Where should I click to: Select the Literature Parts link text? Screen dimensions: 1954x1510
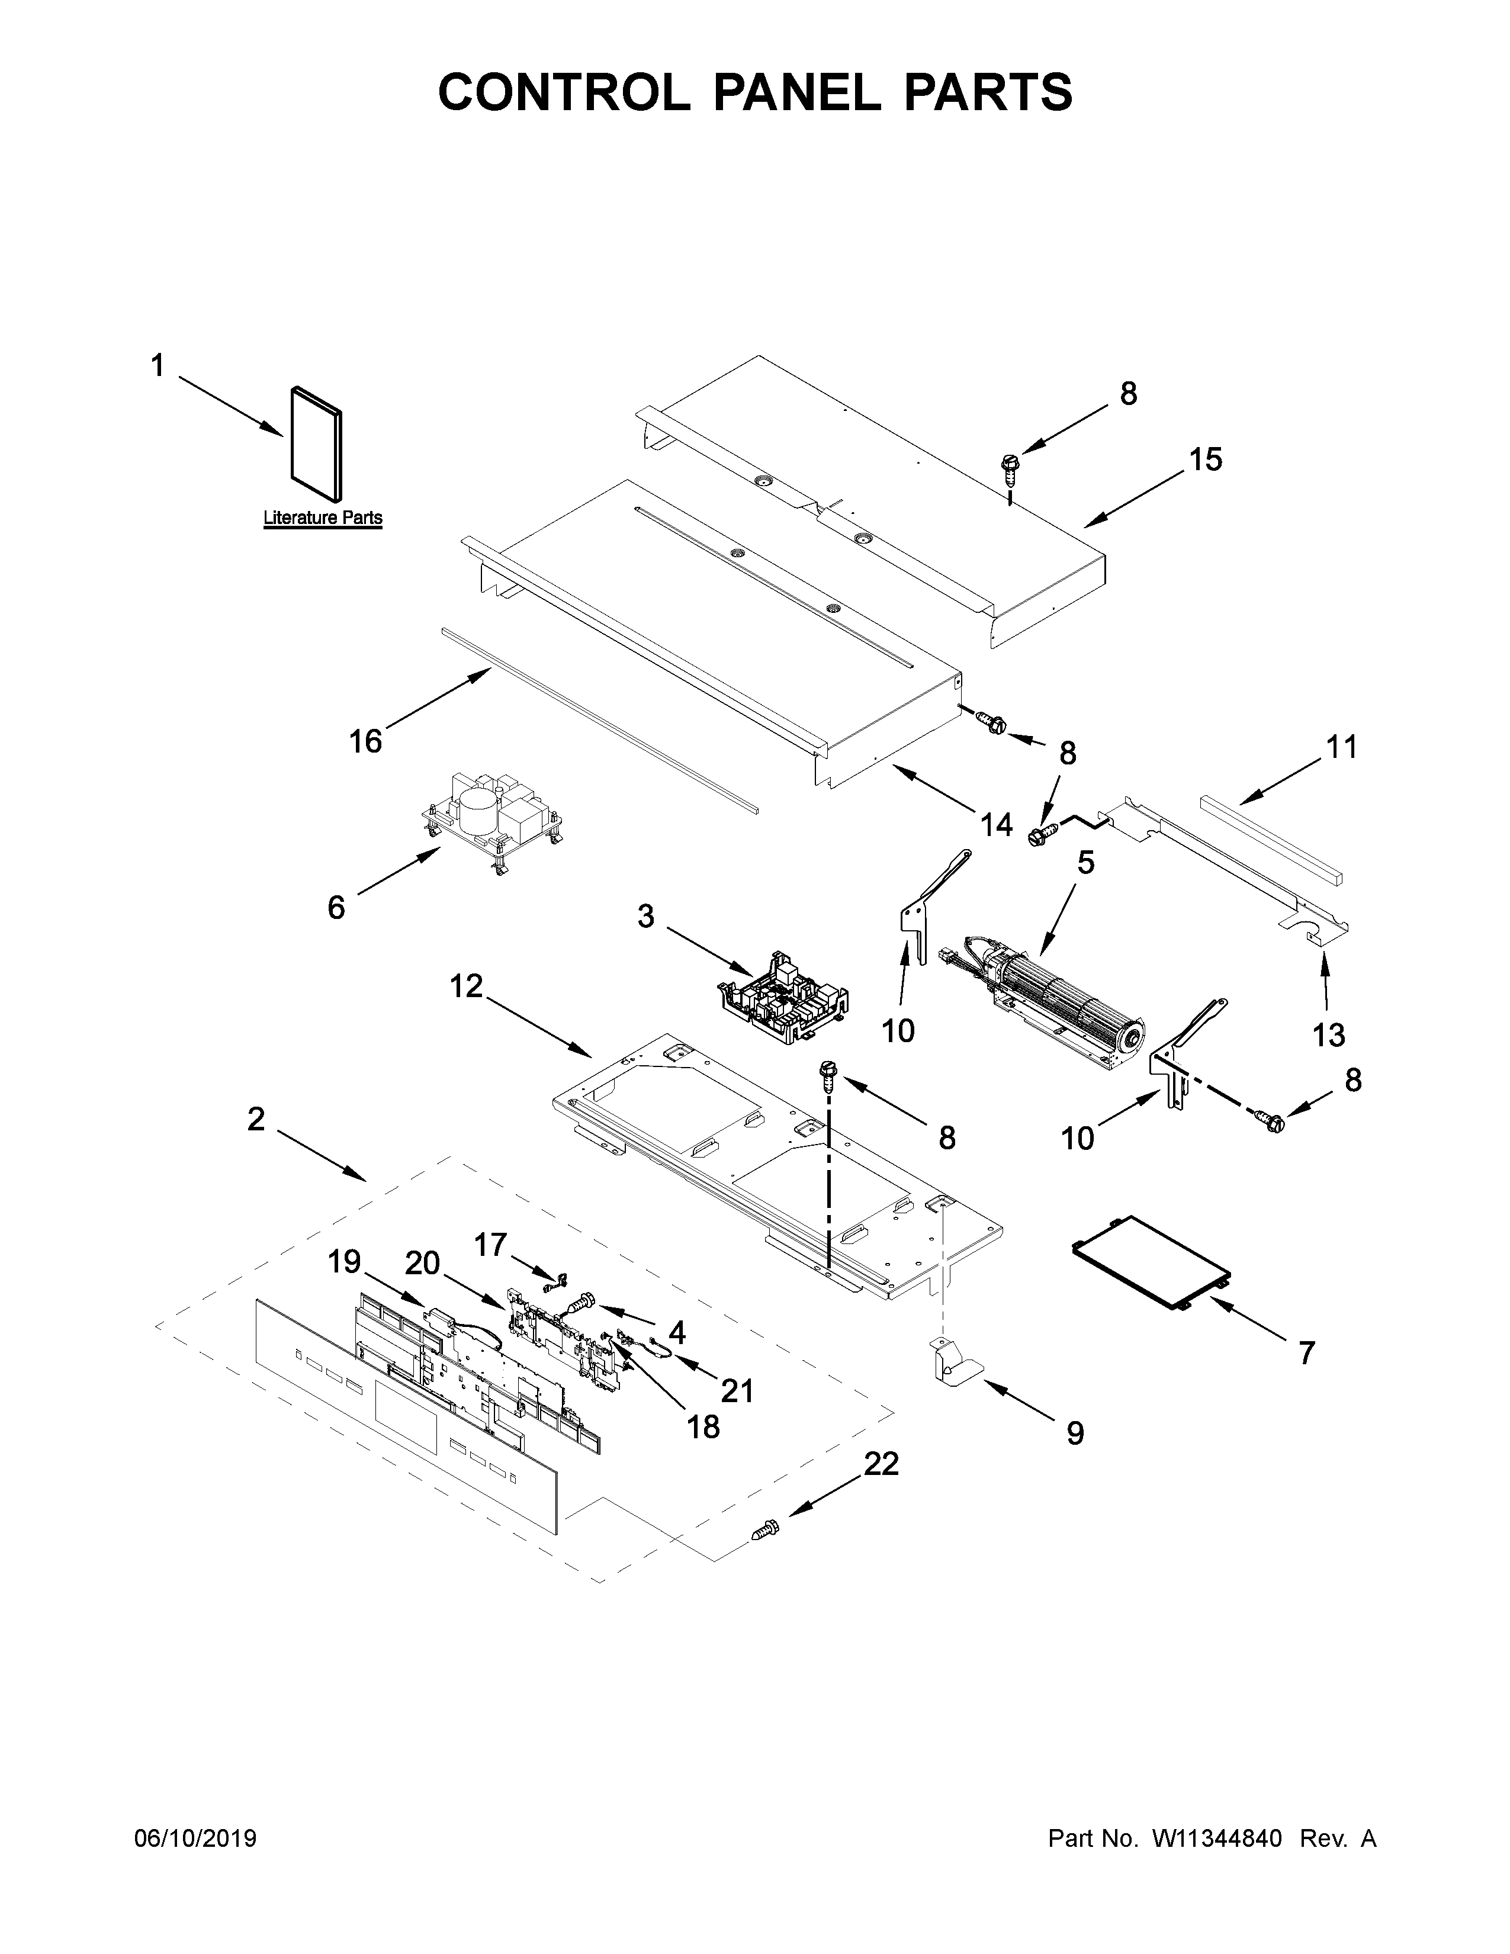tap(322, 518)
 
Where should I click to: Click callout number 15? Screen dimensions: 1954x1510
tap(1205, 460)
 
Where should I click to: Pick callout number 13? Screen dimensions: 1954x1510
tap(1328, 1035)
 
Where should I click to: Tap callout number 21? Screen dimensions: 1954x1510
tap(737, 1390)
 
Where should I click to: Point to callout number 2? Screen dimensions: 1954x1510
tap(256, 1119)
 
